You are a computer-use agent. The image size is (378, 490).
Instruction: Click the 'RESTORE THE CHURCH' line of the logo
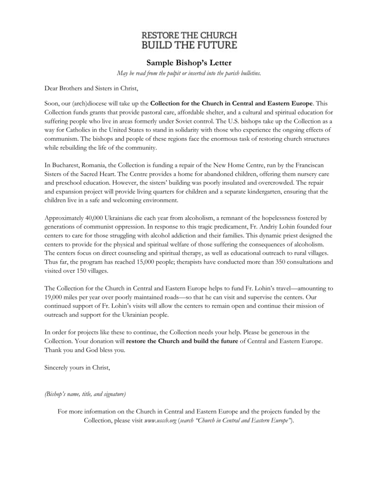(x=189, y=36)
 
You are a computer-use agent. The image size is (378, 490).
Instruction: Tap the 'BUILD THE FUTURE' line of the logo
(x=189, y=45)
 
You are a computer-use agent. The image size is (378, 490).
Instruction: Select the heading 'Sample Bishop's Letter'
(x=189, y=62)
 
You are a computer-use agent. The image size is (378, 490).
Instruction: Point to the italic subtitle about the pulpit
(x=189, y=73)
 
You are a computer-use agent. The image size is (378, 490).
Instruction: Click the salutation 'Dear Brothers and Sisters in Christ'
(x=91, y=88)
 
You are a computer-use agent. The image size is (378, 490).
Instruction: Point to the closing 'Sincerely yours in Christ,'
(x=77, y=367)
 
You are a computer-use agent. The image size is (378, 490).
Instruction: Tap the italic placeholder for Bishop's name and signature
(x=85, y=394)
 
